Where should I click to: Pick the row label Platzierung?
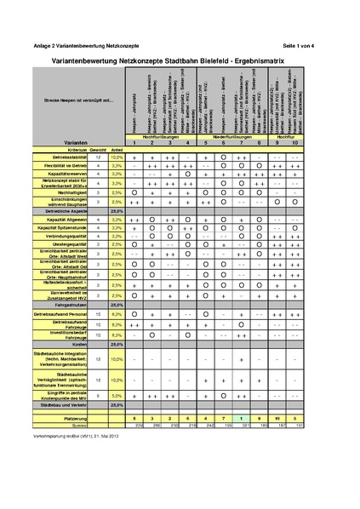coord(77,419)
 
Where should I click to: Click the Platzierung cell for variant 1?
coord(134,419)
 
